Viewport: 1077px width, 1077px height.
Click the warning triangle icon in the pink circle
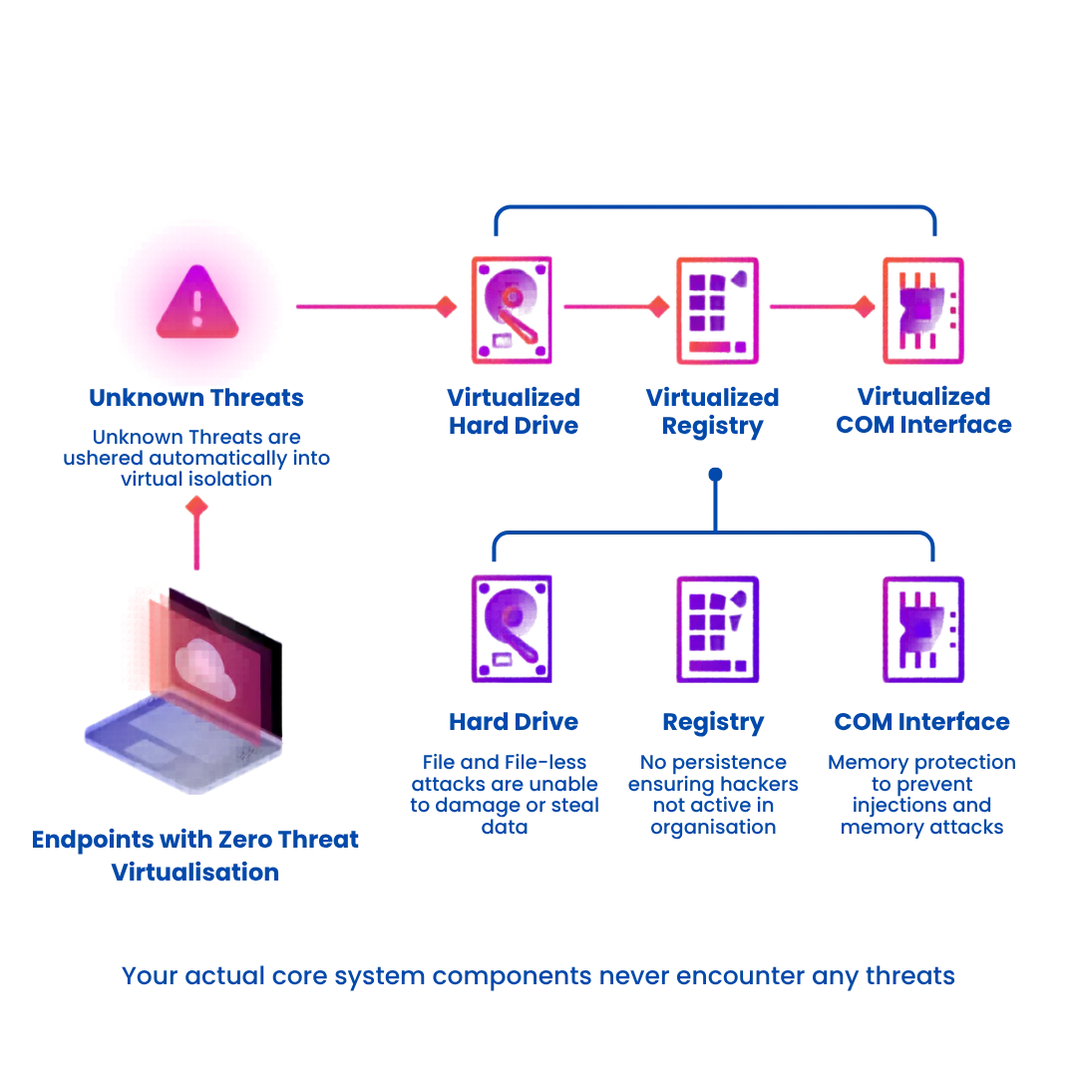pyautogui.click(x=197, y=301)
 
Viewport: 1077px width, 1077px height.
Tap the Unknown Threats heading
pyautogui.click(x=196, y=397)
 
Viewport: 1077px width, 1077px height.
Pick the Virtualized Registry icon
pyautogui.click(x=718, y=309)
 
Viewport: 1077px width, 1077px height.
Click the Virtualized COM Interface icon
pyautogui.click(x=922, y=309)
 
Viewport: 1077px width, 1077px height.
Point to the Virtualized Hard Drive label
pyautogui.click(x=514, y=411)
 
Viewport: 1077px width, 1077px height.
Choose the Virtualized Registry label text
pyautogui.click(x=713, y=411)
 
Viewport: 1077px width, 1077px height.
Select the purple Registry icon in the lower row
pyautogui.click(x=717, y=628)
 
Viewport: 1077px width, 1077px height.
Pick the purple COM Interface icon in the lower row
pyautogui.click(x=922, y=628)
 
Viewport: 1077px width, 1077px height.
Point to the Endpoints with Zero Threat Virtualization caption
pyautogui.click(x=194, y=855)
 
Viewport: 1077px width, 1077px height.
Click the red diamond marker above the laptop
pyautogui.click(x=197, y=507)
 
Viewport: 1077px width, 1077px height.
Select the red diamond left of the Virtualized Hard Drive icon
pyautogui.click(x=445, y=306)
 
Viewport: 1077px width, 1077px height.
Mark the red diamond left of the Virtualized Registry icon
pyautogui.click(x=658, y=306)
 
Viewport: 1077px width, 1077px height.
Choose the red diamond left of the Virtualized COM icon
pyautogui.click(x=864, y=306)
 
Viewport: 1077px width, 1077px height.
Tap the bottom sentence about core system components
pyautogui.click(x=538, y=975)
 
